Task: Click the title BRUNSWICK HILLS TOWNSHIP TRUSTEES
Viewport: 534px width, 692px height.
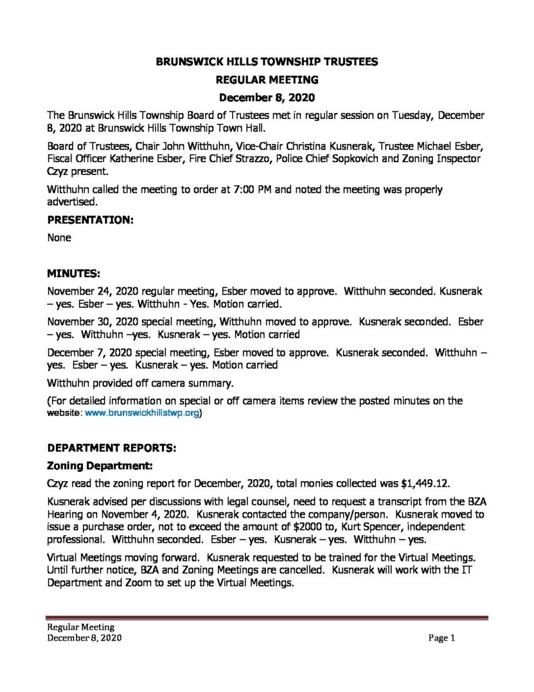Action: [x=267, y=61]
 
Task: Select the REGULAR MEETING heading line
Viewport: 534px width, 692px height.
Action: [x=267, y=79]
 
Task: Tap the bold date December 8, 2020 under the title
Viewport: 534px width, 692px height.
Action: [x=267, y=97]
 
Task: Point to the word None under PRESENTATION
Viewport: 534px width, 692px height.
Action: [x=59, y=238]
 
